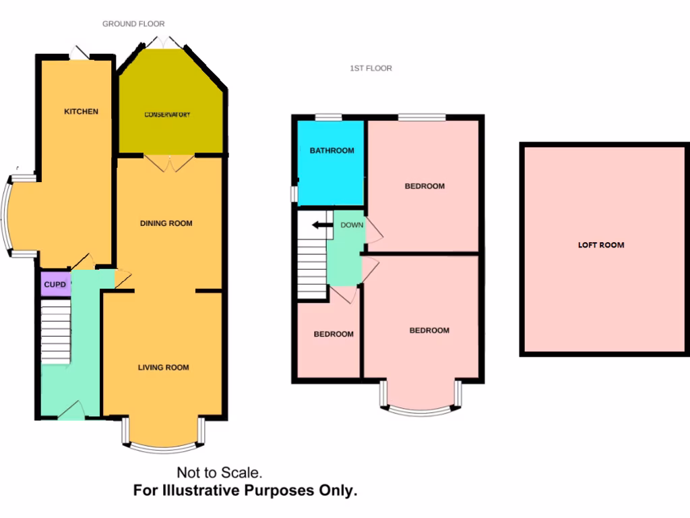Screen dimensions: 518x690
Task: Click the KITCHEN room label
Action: pyautogui.click(x=81, y=111)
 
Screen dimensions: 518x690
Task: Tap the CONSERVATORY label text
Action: pyautogui.click(x=167, y=115)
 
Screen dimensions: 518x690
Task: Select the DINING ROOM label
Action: pyautogui.click(x=166, y=223)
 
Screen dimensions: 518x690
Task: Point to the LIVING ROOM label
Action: pyautogui.click(x=163, y=368)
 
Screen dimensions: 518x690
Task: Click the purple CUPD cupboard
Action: pyautogui.click(x=55, y=285)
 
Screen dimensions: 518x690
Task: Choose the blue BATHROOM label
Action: pyautogui.click(x=332, y=150)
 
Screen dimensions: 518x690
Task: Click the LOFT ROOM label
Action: pyautogui.click(x=601, y=245)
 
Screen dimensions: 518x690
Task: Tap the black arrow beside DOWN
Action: pyautogui.click(x=323, y=225)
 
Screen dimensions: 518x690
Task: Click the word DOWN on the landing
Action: pyautogui.click(x=351, y=225)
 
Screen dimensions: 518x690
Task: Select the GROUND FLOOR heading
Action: pyautogui.click(x=133, y=24)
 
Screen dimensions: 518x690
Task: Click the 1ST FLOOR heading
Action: pyautogui.click(x=371, y=68)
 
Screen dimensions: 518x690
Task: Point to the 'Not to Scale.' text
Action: pyautogui.click(x=219, y=473)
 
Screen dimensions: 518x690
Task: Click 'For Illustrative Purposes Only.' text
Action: pyautogui.click(x=245, y=491)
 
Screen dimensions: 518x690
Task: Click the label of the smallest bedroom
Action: pyautogui.click(x=334, y=334)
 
